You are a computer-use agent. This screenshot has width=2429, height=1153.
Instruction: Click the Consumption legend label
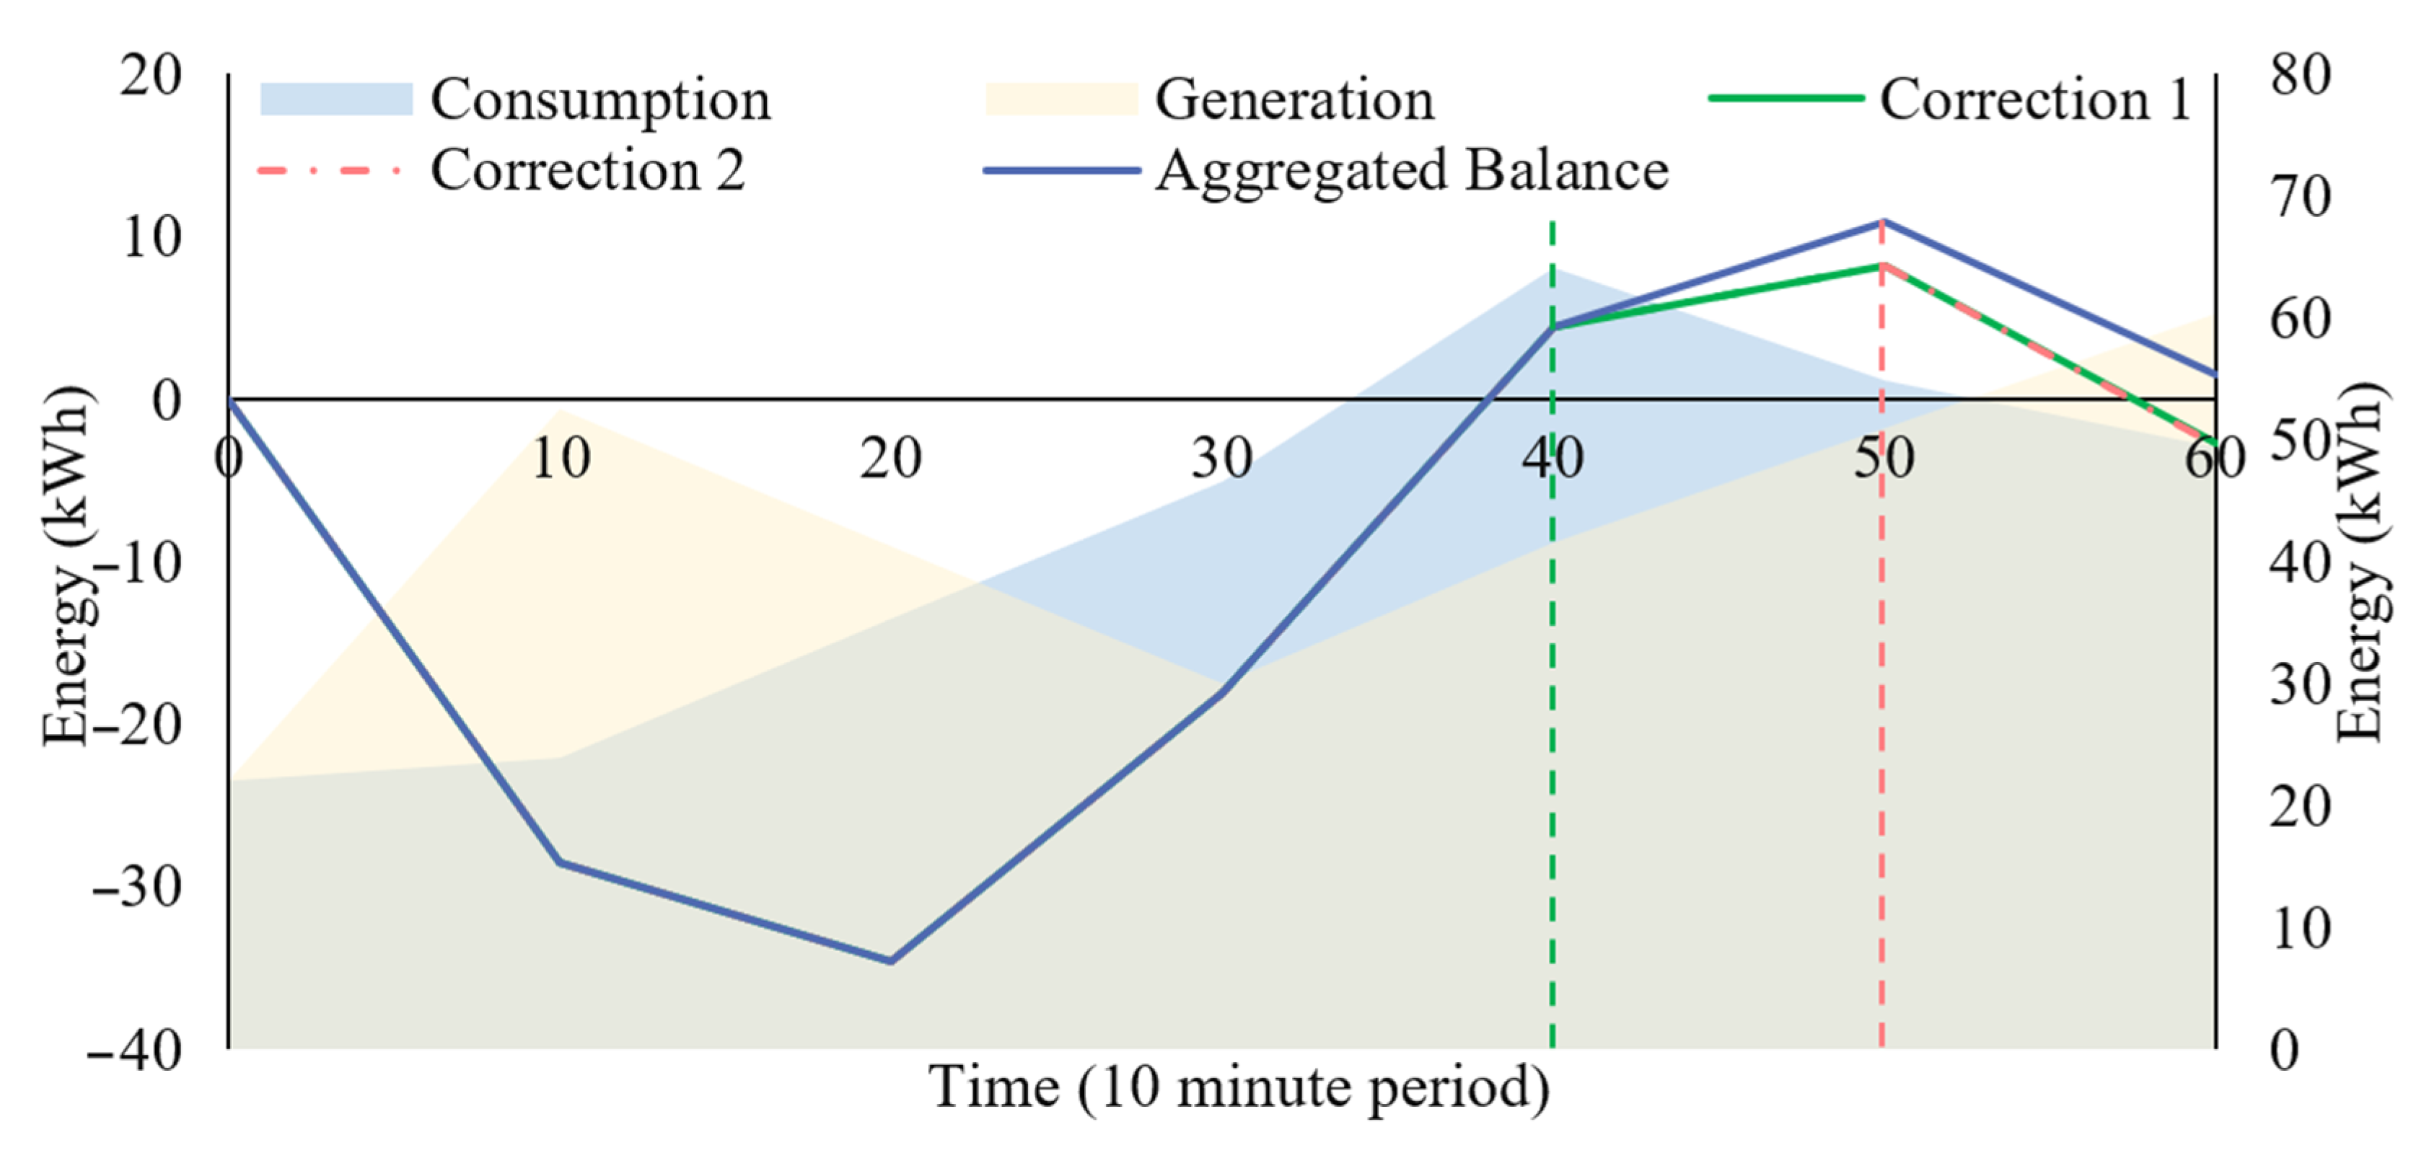click(x=601, y=100)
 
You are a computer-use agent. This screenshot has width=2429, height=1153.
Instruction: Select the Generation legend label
click(x=1293, y=100)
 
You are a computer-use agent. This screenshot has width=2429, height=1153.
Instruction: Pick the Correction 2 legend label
click(x=587, y=171)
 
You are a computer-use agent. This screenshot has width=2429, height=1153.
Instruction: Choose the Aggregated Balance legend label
click(x=1412, y=171)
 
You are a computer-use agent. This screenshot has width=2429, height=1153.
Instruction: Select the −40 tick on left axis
click(x=136, y=1049)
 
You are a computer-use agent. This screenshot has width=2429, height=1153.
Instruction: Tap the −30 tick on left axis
click(x=138, y=887)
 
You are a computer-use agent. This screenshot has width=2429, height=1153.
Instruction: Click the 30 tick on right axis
click(x=2299, y=686)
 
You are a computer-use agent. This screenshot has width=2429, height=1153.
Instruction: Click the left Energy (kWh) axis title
click(x=68, y=565)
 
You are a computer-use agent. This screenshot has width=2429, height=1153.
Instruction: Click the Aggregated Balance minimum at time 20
click(x=890, y=960)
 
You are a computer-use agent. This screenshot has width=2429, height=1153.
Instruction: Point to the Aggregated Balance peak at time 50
click(x=1882, y=221)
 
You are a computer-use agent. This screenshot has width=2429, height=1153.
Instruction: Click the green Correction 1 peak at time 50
click(x=1882, y=266)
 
